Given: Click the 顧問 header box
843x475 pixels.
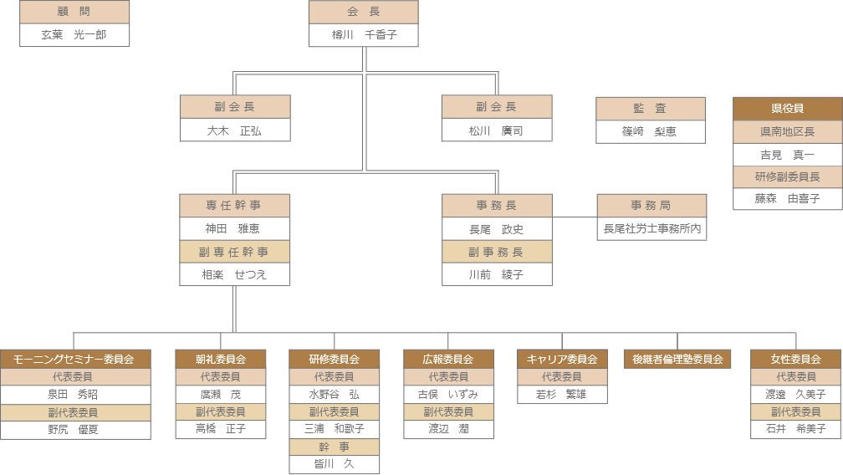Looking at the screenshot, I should click(x=74, y=12).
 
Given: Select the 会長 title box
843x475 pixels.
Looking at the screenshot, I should click(x=363, y=12).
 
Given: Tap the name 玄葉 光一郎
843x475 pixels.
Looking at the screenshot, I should click(x=74, y=35).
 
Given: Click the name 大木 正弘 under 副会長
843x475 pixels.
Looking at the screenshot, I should click(x=235, y=130).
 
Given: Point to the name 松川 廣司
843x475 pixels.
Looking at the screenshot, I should click(x=497, y=130).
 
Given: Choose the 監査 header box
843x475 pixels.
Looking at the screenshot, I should click(x=651, y=109).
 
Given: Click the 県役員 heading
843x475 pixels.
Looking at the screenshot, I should click(x=787, y=109).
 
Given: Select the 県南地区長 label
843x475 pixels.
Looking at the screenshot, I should click(x=787, y=132).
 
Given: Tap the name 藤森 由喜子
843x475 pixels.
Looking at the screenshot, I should click(x=787, y=199).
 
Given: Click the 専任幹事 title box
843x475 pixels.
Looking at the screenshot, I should click(x=235, y=206).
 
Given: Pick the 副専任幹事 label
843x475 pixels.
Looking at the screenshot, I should click(x=235, y=252).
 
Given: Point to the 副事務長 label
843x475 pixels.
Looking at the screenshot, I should click(x=497, y=252).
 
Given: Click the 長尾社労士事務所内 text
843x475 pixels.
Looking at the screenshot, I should click(x=651, y=228).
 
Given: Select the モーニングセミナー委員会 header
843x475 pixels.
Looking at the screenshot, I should click(x=74, y=359).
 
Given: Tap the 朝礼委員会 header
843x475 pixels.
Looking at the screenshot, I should click(x=221, y=359).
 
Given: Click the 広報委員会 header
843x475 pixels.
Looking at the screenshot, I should click(x=448, y=359).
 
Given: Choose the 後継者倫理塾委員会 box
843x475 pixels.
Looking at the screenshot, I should click(x=677, y=359).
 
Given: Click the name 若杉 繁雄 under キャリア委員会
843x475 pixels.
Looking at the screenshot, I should click(x=562, y=394).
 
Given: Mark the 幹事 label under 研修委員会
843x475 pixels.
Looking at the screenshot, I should click(x=335, y=447).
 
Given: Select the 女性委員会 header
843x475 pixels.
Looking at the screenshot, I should click(x=795, y=359).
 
